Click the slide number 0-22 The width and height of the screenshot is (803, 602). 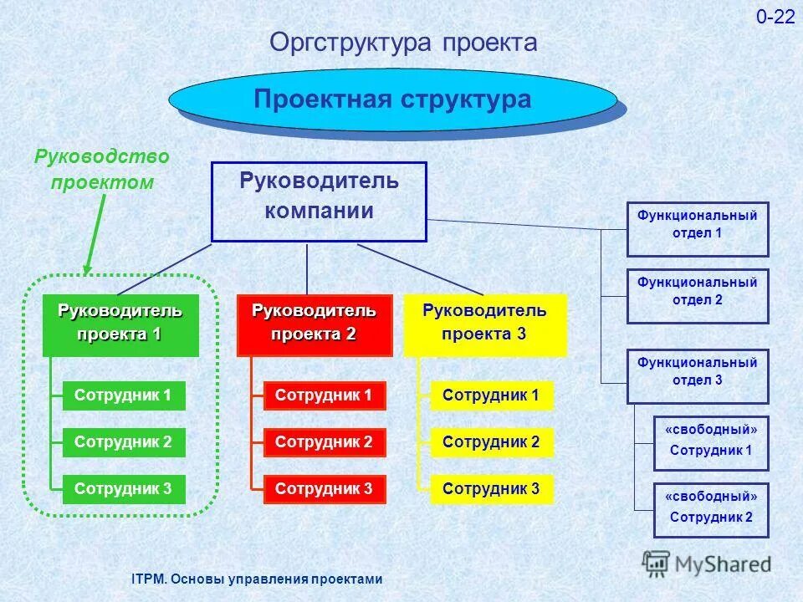[x=775, y=18]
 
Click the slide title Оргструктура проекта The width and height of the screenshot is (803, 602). [x=403, y=43]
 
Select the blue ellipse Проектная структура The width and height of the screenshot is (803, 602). [x=393, y=99]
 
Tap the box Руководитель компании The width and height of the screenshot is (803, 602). [x=319, y=201]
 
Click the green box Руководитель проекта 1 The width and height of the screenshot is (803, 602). [x=120, y=325]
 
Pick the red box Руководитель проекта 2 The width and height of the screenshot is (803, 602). [x=315, y=325]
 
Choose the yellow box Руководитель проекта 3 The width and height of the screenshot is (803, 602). [x=484, y=325]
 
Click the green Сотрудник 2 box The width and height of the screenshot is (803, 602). [x=123, y=442]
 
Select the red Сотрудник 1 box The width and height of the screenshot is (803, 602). [x=325, y=395]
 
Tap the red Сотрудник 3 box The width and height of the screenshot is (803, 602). [x=325, y=489]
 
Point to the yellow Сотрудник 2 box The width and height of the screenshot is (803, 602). [x=492, y=442]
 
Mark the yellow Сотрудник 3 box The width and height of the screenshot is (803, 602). [x=492, y=489]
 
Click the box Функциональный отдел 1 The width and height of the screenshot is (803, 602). [x=698, y=228]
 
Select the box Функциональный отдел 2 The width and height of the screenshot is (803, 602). [x=698, y=295]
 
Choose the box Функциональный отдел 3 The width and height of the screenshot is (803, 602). [x=698, y=376]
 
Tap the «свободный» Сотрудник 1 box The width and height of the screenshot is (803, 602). [x=711, y=443]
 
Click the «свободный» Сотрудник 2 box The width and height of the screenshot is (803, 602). [x=711, y=509]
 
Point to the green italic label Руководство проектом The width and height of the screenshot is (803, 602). [x=101, y=170]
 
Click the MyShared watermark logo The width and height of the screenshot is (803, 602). [x=708, y=564]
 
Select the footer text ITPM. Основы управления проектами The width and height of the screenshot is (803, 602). [x=257, y=579]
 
